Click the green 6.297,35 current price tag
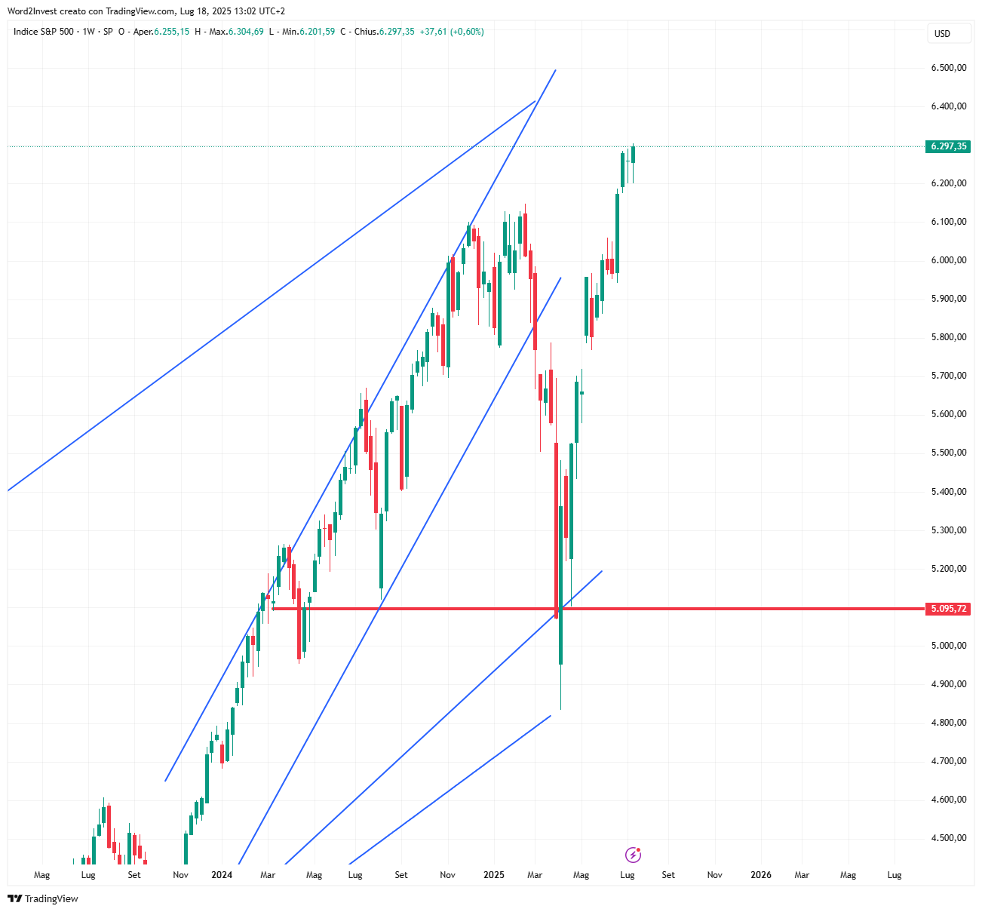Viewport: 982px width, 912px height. (948, 146)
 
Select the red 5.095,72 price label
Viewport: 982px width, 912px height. (948, 609)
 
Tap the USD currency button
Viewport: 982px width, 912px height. (942, 33)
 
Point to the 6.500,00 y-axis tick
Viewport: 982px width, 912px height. (949, 68)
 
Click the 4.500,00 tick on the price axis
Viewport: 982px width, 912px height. (949, 838)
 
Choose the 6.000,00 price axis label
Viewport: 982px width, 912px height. (949, 260)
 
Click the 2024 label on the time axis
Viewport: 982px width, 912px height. (222, 875)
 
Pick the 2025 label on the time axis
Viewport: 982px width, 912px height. (494, 875)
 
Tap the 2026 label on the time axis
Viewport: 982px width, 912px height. (761, 875)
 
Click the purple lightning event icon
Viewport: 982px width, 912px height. (633, 855)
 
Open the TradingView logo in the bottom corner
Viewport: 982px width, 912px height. (43, 898)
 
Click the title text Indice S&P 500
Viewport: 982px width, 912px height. (44, 32)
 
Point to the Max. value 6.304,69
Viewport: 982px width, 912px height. (246, 32)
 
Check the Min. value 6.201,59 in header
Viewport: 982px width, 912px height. (317, 32)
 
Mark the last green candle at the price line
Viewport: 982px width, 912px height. (634, 154)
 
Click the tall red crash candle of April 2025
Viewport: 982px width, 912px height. (557, 528)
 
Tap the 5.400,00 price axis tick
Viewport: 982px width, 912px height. (949, 492)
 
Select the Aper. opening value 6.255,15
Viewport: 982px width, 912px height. (171, 32)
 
